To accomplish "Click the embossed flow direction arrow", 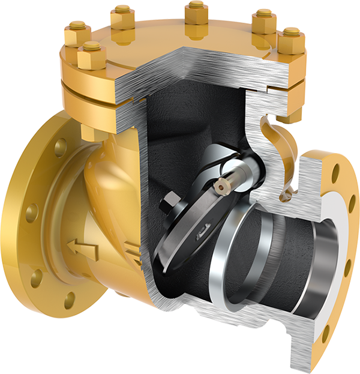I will tap(83, 249).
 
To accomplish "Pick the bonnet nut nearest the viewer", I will tap(92, 55).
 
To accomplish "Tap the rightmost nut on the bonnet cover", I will tap(292, 40).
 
